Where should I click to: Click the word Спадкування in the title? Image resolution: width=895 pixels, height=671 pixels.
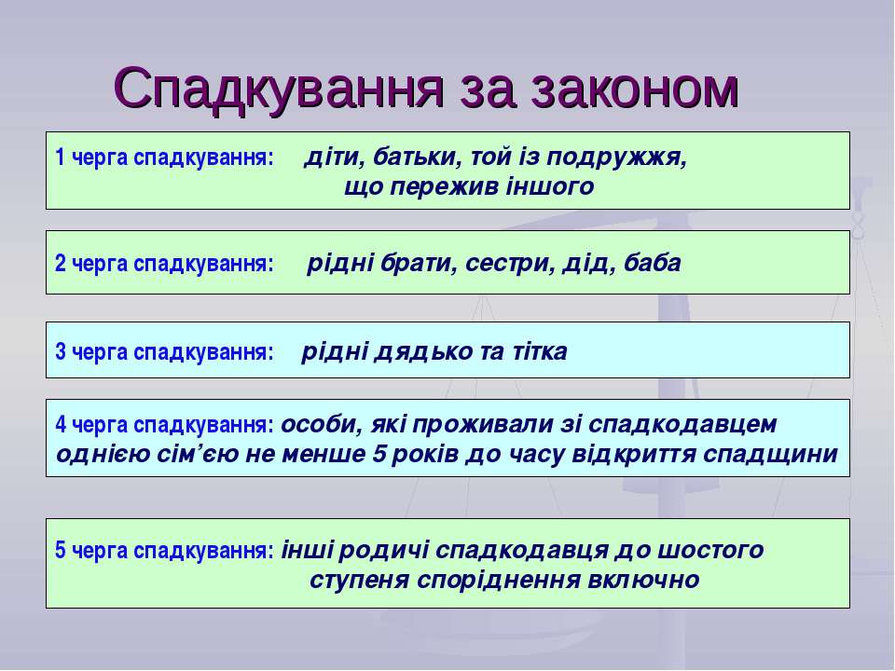click(x=279, y=89)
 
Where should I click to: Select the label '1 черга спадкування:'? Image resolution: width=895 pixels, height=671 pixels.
click(x=165, y=157)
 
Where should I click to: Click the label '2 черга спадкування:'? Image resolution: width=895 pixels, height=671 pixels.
click(x=165, y=264)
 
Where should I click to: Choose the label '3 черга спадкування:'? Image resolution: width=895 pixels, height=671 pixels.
click(x=165, y=352)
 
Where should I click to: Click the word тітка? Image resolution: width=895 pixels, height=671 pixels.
click(x=540, y=351)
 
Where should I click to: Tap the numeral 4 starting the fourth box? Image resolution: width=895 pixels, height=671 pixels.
click(x=61, y=425)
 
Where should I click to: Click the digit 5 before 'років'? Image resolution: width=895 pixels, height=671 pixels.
click(x=380, y=454)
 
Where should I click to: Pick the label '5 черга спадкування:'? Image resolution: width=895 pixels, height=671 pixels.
click(x=165, y=551)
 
